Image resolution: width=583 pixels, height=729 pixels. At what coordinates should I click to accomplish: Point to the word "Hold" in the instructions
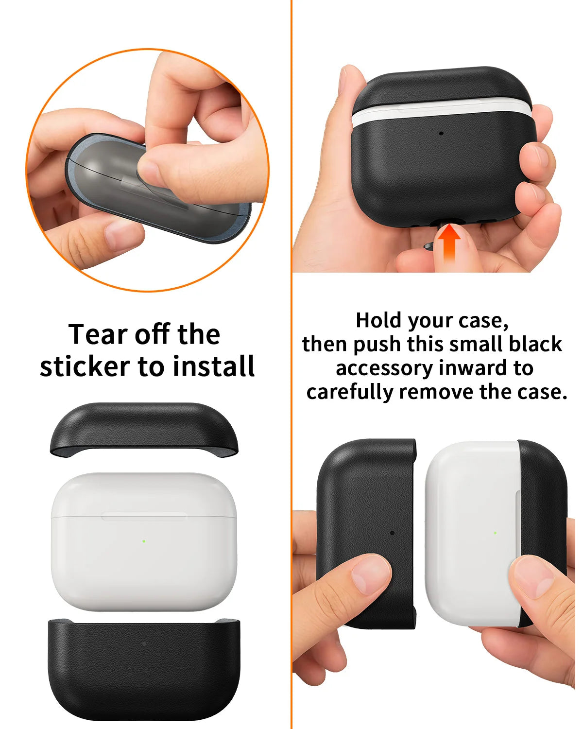point(379,320)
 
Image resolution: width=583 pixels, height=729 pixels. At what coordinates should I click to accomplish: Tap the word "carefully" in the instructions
point(350,392)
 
